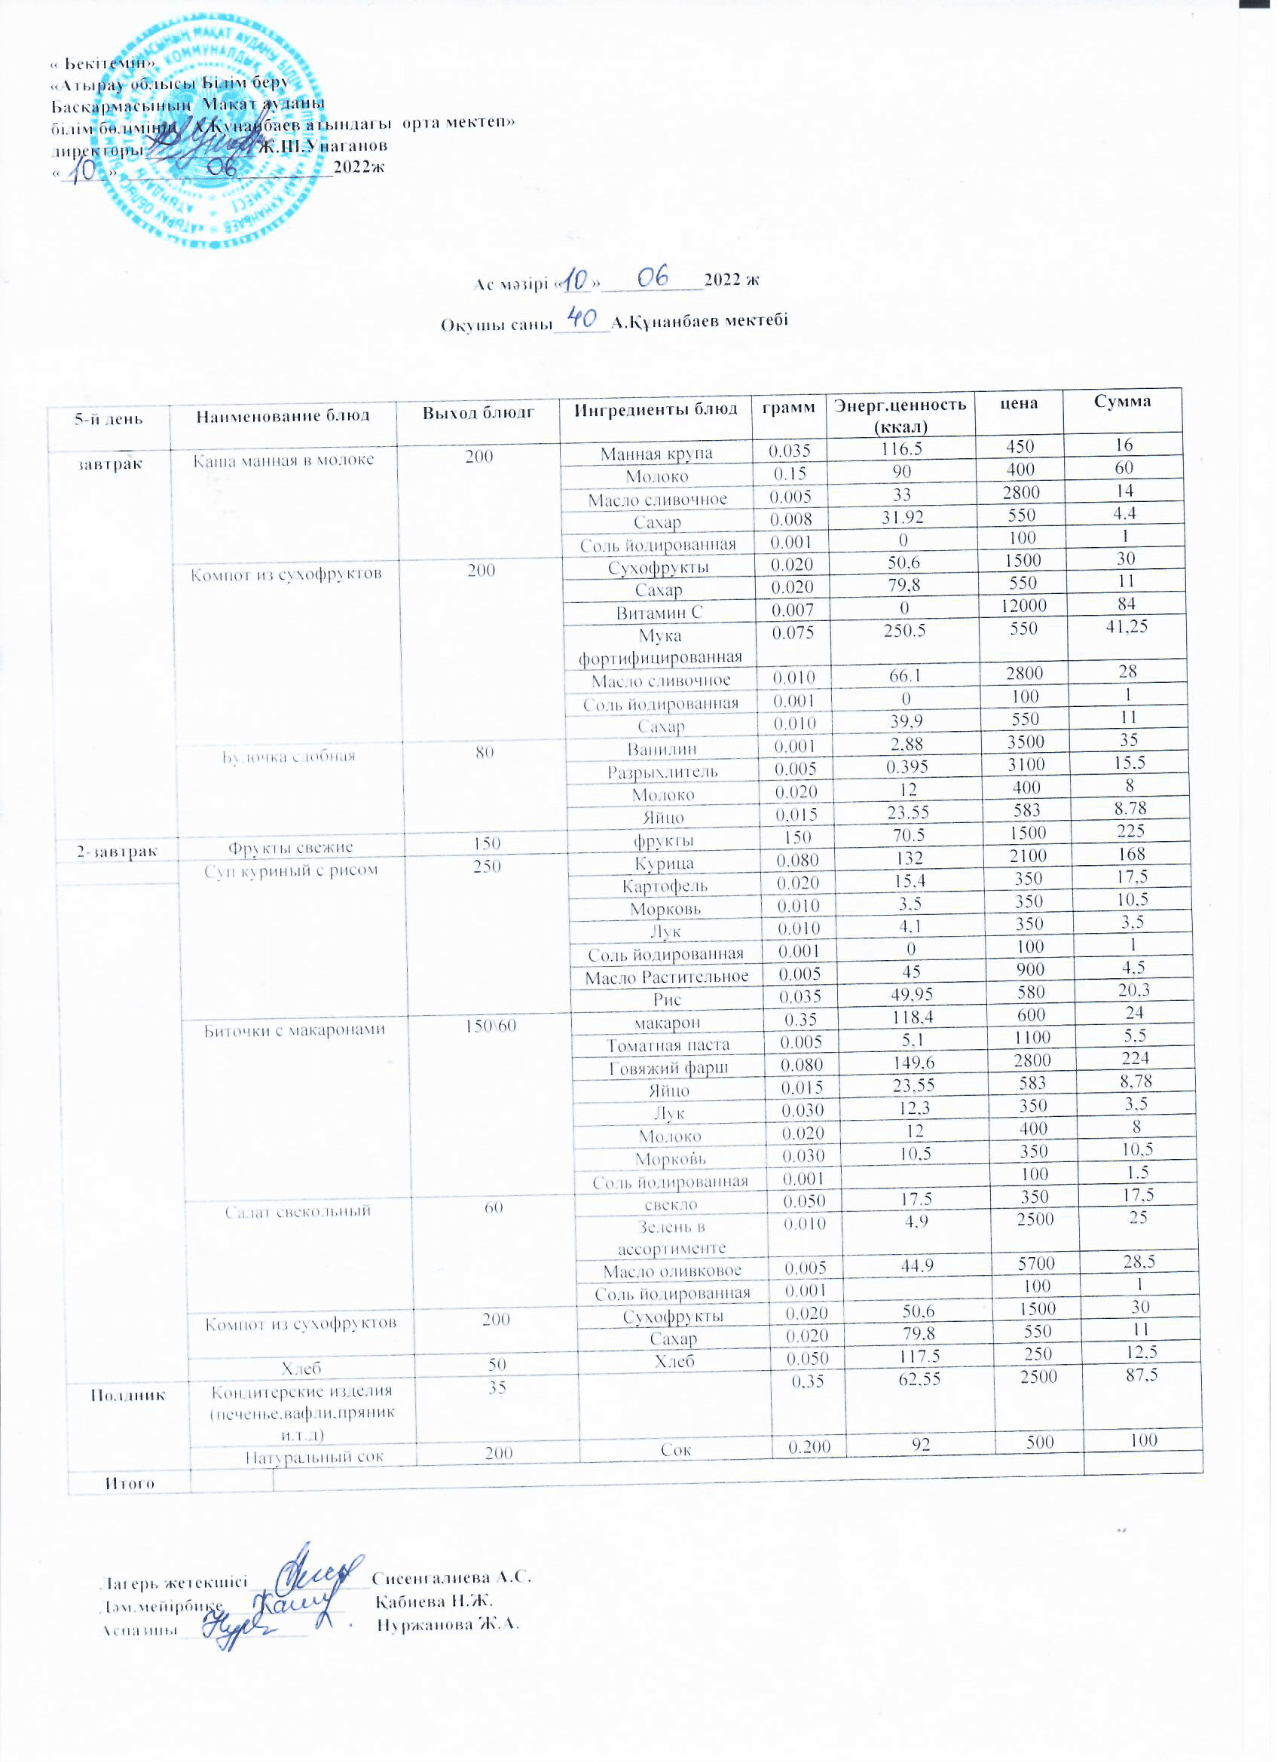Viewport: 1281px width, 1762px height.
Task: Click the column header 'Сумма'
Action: [1122, 402]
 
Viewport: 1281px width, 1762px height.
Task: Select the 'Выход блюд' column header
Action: [478, 413]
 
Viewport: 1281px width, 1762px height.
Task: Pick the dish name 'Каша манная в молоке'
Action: [283, 460]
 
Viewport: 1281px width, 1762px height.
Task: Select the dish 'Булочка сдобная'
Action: [289, 757]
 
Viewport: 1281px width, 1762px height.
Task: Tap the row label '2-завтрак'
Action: [117, 852]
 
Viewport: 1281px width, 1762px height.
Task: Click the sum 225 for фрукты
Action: [1130, 831]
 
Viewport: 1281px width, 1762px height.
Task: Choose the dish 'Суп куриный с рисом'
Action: [291, 871]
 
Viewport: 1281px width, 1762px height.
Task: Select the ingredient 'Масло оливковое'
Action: [672, 1271]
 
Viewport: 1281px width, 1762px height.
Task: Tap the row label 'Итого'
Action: [130, 1483]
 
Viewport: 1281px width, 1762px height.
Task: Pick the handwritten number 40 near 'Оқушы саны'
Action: [582, 317]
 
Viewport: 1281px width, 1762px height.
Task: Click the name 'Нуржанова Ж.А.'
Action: [448, 1625]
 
